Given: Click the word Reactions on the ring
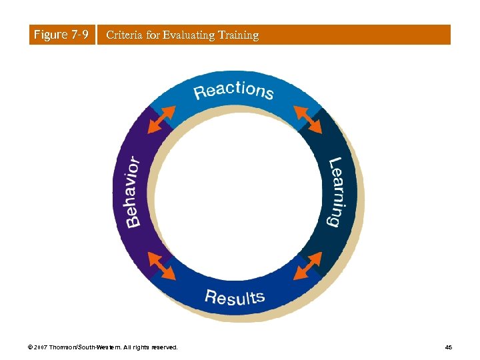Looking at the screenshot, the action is (x=233, y=90).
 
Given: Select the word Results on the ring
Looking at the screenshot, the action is (x=234, y=297).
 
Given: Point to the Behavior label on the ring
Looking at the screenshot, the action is (x=132, y=192).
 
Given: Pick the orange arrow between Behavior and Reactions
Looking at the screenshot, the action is (x=159, y=120).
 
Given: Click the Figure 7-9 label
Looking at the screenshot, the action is (x=61, y=35).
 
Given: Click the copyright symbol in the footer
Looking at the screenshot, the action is (x=31, y=347).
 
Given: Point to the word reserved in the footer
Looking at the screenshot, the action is (x=164, y=347).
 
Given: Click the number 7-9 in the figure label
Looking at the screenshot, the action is (x=79, y=35).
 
